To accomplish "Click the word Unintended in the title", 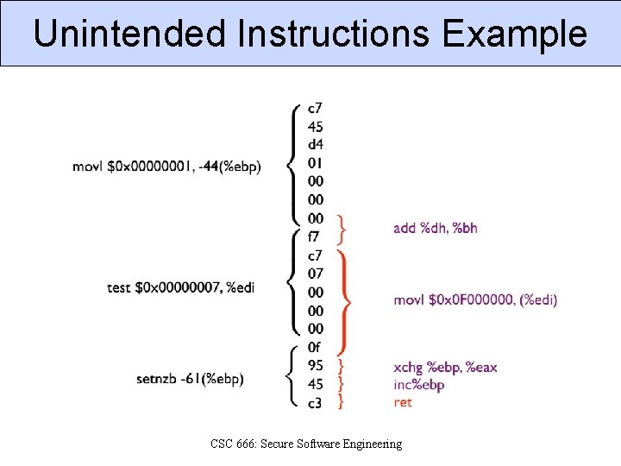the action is click(129, 35).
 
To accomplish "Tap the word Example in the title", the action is click(514, 35).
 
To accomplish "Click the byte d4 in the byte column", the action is click(316, 145).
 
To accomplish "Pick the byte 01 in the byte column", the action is click(316, 163).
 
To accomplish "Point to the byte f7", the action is click(315, 236).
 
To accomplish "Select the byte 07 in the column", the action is click(316, 274).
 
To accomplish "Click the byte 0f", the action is click(316, 347).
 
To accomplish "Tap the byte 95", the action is click(316, 365).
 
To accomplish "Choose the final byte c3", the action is click(316, 402).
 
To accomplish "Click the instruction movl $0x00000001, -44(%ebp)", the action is click(166, 166).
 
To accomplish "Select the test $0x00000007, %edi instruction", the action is click(181, 287).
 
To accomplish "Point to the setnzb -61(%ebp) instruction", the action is click(190, 379).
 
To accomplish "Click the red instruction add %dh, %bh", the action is click(435, 228).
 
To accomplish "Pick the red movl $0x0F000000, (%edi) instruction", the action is click(475, 299).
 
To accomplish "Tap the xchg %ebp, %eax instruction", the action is click(445, 368).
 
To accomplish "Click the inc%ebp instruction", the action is click(418, 385).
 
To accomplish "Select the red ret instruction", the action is click(403, 402).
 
